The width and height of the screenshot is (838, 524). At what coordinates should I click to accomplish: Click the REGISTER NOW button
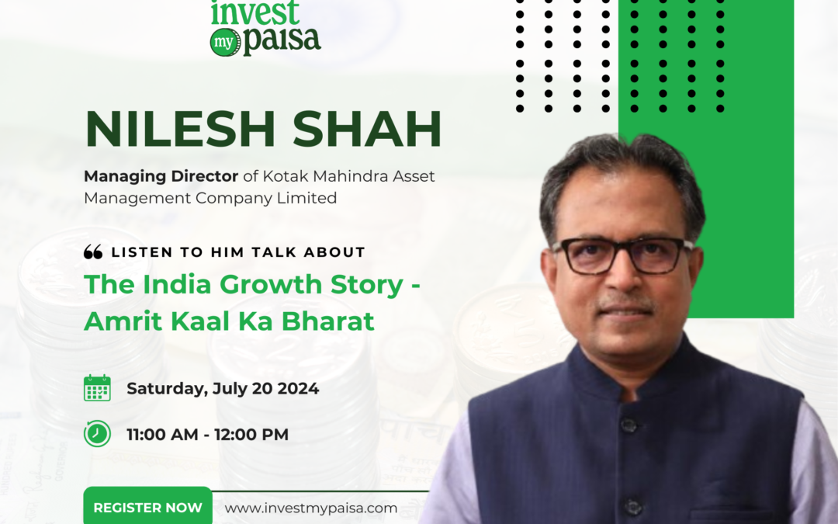point(147,508)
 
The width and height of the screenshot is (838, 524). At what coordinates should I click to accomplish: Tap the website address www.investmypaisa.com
point(311,508)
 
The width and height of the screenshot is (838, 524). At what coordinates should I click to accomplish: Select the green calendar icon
point(97,388)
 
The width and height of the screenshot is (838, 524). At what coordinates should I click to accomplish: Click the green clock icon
point(97,433)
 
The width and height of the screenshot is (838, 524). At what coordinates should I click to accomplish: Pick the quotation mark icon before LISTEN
point(93,252)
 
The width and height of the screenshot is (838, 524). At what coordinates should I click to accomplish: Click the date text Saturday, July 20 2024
point(223,388)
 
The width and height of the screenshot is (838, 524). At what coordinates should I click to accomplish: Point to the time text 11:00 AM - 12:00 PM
point(207,434)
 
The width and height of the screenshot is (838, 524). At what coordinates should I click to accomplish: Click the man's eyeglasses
point(622,254)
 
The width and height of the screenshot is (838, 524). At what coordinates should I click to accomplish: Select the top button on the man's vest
point(629,425)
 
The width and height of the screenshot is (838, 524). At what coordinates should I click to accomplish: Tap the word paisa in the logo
point(282,40)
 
